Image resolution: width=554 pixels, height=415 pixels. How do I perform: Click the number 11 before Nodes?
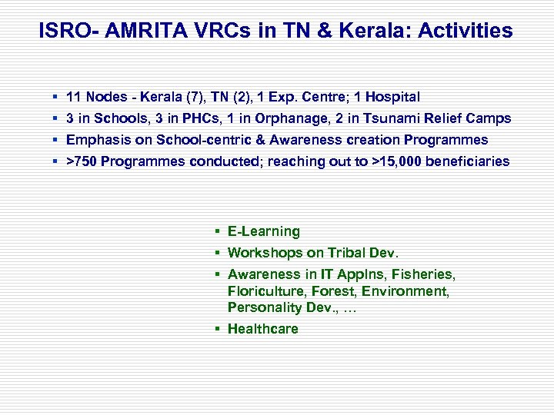pyautogui.click(x=75, y=97)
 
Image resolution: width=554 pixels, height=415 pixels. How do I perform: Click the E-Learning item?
pyautogui.click(x=264, y=231)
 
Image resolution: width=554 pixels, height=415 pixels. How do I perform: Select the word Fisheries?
pyautogui.click(x=426, y=274)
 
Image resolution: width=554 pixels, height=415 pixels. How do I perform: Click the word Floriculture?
pyautogui.click(x=265, y=291)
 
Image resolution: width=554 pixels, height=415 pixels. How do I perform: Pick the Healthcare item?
pyautogui.click(x=263, y=329)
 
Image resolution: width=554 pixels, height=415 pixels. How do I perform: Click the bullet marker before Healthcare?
pyautogui.click(x=219, y=329)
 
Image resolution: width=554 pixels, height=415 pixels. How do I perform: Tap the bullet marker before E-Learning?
pyautogui.click(x=219, y=231)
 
